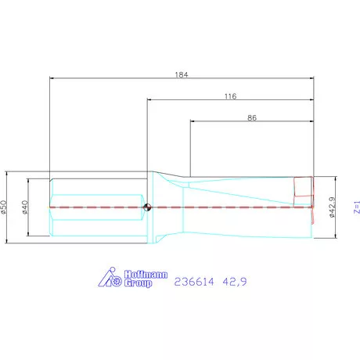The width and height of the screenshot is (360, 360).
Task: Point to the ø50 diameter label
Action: [x=4, y=207]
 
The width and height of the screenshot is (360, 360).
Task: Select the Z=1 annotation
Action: [x=356, y=207]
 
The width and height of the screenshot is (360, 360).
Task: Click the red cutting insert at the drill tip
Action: [x=303, y=189]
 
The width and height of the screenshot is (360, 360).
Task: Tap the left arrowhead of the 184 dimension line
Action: [x=52, y=78]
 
